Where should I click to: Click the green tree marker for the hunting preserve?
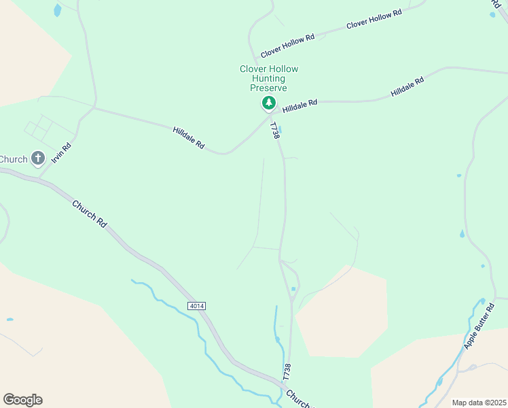click(x=269, y=103)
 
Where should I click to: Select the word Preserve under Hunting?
click(x=268, y=88)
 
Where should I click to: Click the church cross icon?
click(x=38, y=159)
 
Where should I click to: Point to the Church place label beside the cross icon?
click(x=13, y=159)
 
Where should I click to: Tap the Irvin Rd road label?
click(x=60, y=156)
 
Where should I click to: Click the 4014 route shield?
click(x=197, y=306)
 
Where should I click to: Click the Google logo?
click(x=22, y=399)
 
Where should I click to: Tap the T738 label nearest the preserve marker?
click(x=275, y=131)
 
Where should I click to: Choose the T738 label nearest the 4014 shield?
click(x=287, y=371)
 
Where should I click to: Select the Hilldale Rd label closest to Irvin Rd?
click(x=189, y=137)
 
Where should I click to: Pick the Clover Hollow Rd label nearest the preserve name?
click(x=287, y=46)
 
